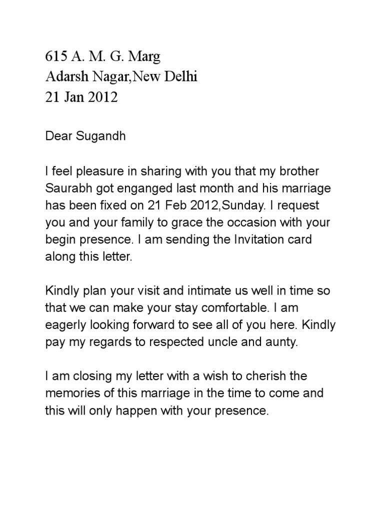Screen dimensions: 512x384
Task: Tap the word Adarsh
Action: pyautogui.click(x=64, y=77)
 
